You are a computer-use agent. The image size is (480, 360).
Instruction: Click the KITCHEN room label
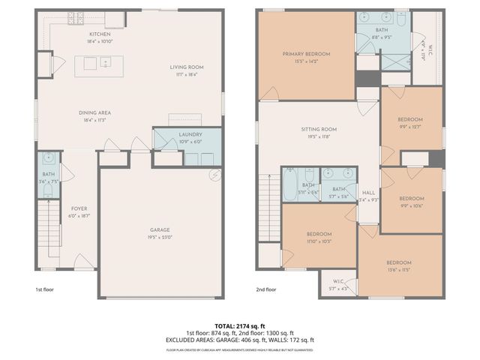[x=100, y=34]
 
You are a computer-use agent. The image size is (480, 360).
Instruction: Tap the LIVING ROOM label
[x=187, y=67]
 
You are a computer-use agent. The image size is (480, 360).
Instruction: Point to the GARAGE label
[x=158, y=230]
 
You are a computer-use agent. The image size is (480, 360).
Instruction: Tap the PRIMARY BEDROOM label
[x=306, y=54]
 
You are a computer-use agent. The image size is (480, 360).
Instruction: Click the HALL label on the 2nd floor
[x=368, y=192]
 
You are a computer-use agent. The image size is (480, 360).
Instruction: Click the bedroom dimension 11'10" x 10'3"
[x=319, y=241]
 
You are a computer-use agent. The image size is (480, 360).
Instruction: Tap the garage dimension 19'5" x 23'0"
[x=158, y=237]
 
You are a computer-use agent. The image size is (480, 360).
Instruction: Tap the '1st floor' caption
[x=45, y=289]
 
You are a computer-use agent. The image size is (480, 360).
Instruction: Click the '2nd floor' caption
[x=266, y=289]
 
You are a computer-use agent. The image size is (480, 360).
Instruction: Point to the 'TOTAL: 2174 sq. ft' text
[x=239, y=326]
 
